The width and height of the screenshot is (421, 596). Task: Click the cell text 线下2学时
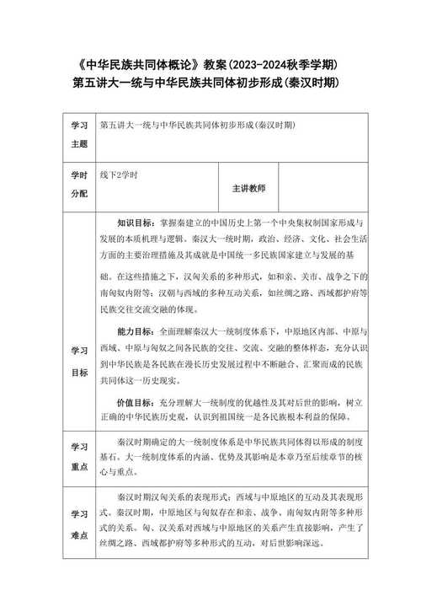118,175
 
